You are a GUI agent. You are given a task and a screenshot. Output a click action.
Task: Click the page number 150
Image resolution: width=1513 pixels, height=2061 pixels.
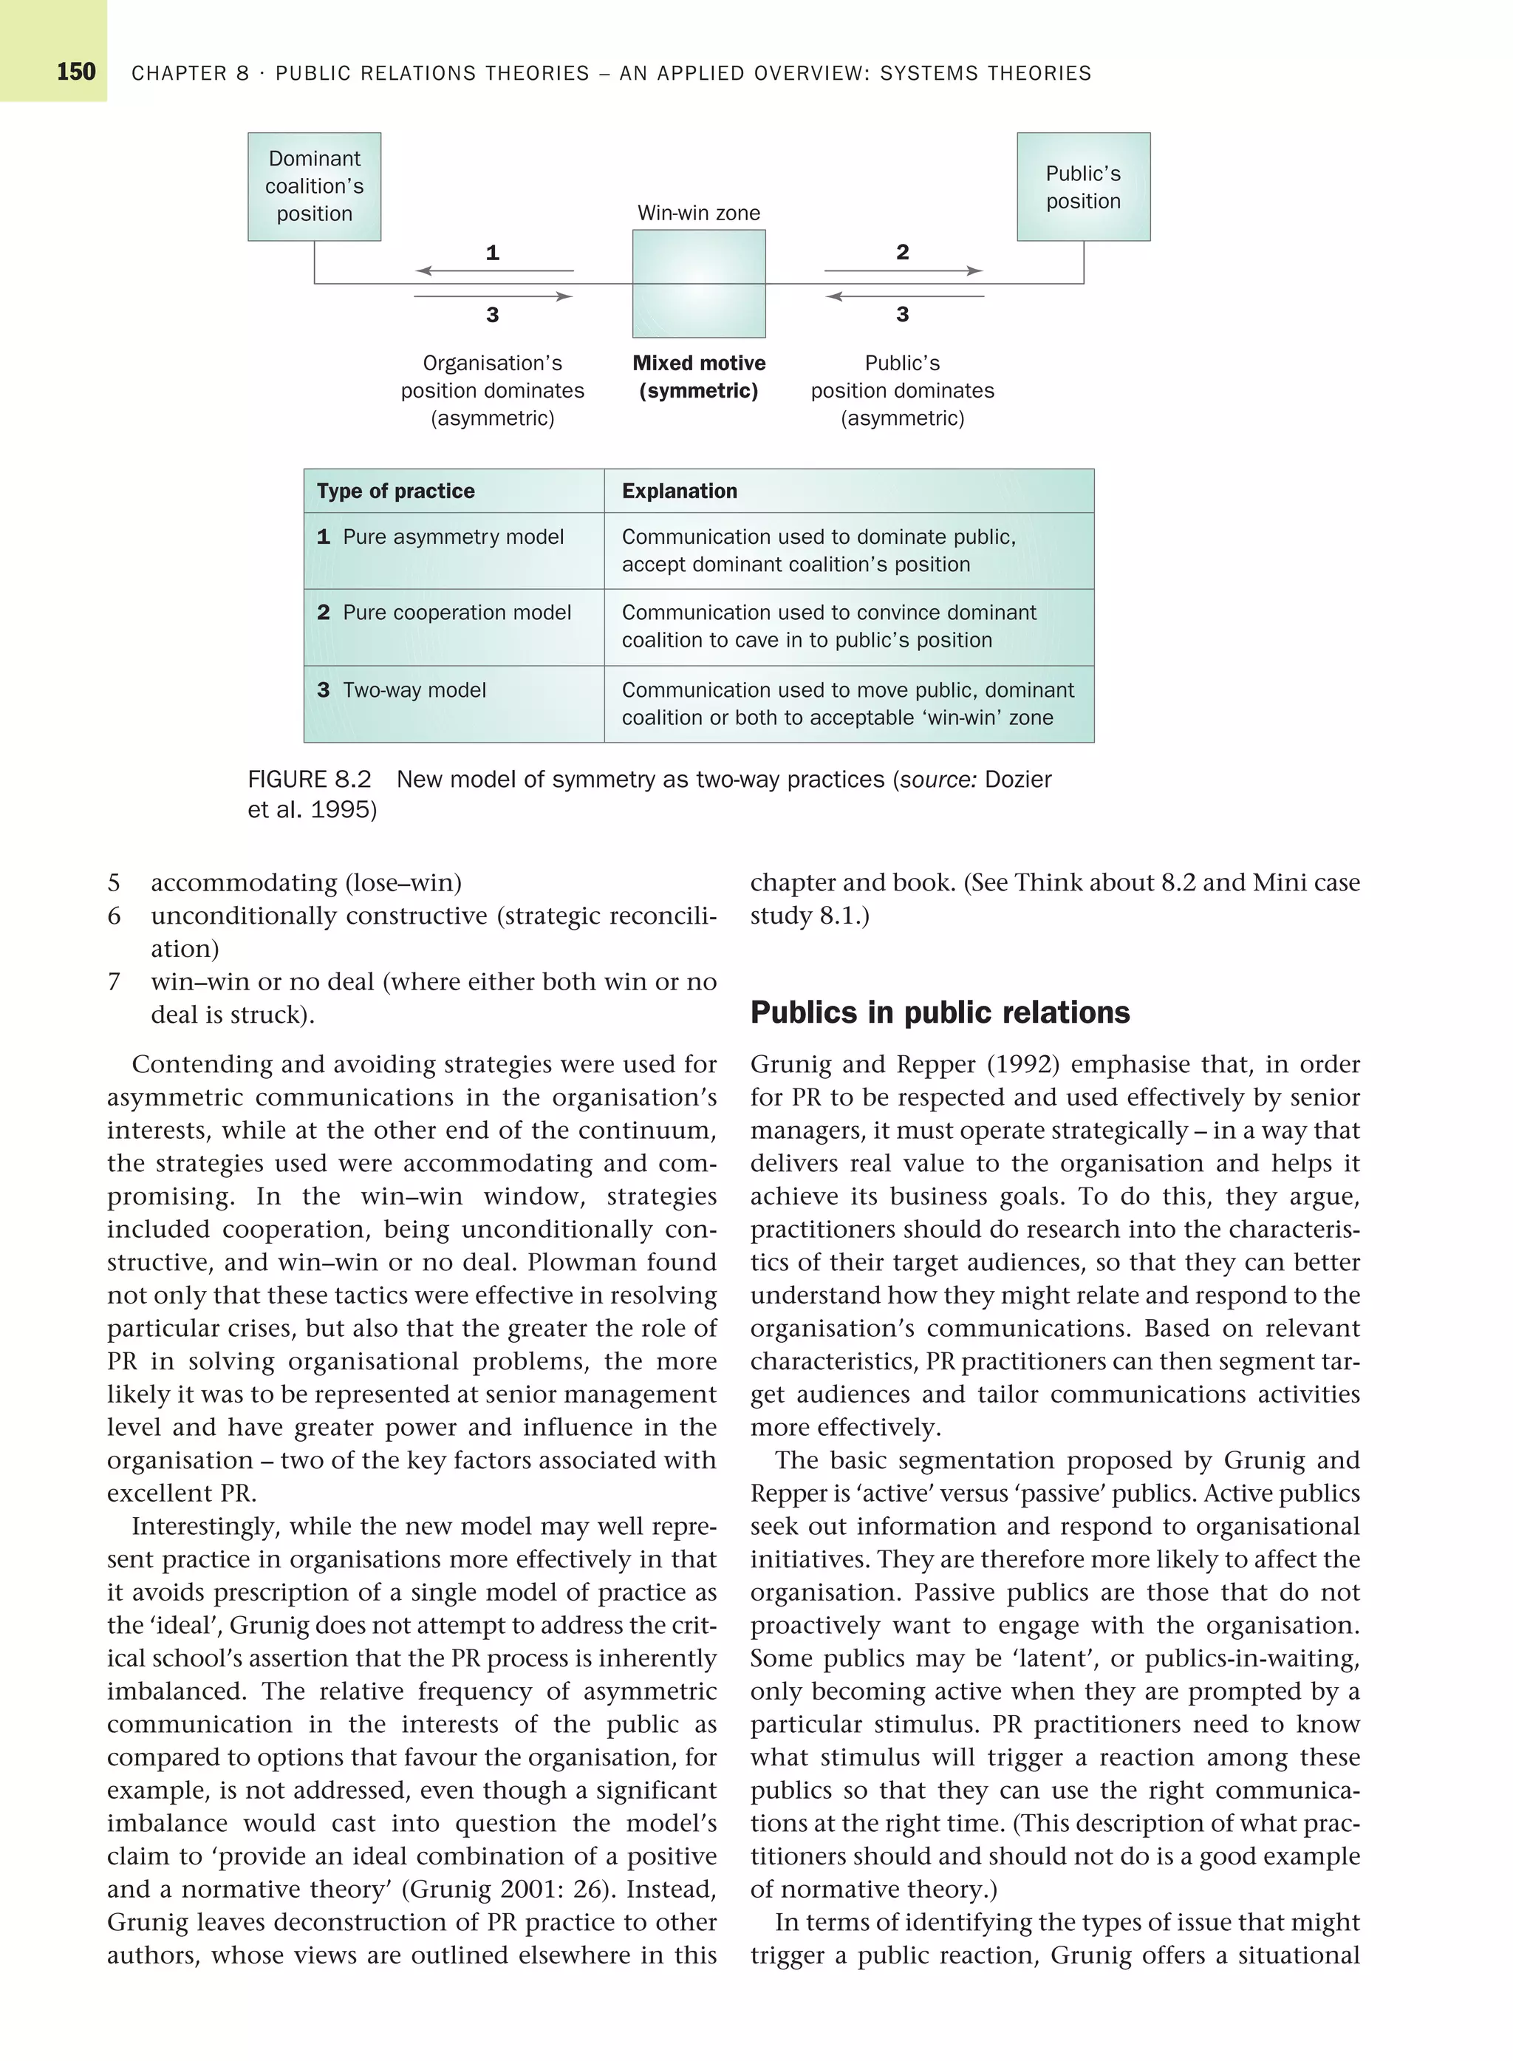(76, 72)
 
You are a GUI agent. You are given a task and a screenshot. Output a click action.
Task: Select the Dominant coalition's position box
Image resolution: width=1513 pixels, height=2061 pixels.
(314, 187)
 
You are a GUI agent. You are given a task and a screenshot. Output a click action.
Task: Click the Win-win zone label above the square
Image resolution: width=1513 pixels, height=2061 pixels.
(698, 214)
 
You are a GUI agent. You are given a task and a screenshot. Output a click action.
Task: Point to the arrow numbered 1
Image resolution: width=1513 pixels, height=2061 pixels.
(493, 271)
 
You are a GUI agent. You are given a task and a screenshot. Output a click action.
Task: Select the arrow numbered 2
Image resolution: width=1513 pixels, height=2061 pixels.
(903, 271)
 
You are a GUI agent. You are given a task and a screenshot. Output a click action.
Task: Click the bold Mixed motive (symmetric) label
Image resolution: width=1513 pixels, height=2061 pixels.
(699, 376)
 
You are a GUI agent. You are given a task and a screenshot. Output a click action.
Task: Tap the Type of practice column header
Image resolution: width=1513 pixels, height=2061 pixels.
(396, 491)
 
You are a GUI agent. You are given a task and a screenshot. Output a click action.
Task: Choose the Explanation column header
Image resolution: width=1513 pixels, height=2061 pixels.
(679, 491)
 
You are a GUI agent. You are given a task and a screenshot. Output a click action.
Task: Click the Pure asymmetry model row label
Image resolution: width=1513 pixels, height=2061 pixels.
(452, 536)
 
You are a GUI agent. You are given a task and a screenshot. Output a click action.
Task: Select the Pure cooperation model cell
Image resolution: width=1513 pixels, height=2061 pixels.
(456, 613)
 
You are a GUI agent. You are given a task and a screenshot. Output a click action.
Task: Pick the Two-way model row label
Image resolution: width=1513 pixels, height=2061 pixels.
(413, 689)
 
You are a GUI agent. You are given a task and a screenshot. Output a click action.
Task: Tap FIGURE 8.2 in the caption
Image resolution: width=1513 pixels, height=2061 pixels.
(309, 780)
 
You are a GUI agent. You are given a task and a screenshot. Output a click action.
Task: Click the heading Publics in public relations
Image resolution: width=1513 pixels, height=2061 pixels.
(940, 1012)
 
